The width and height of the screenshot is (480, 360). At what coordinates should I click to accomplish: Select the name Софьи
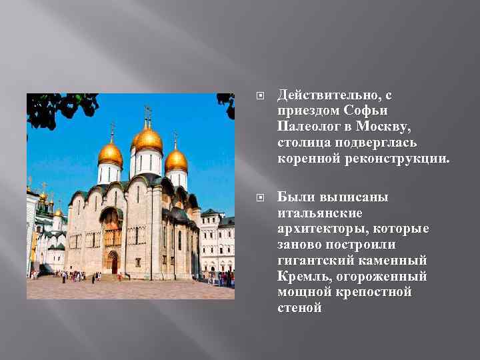point(367,111)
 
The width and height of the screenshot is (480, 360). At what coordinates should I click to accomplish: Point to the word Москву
point(388,126)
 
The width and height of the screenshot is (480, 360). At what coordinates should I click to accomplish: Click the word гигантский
point(313,261)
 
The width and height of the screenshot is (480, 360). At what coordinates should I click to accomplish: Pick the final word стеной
point(299,307)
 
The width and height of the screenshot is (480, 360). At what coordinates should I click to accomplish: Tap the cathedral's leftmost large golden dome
point(110,155)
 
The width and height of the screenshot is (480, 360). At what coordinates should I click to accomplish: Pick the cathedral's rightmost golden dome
point(177,160)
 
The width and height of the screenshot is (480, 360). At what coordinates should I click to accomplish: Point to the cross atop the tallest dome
point(147,112)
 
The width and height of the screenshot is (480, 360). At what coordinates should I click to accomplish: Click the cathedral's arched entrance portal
point(112,261)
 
